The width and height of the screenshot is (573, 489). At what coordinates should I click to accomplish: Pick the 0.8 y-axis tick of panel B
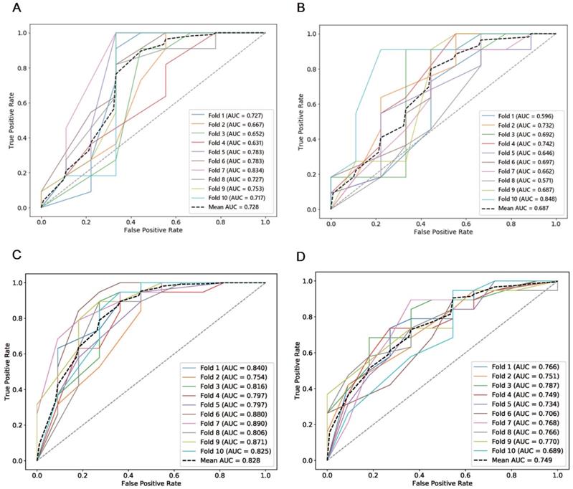[313, 69]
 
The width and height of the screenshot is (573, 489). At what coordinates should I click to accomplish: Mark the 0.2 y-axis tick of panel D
[311, 424]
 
